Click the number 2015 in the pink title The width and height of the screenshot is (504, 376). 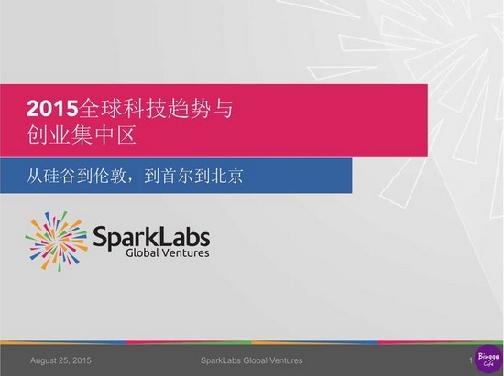(x=52, y=109)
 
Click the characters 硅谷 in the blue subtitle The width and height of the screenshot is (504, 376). (x=60, y=176)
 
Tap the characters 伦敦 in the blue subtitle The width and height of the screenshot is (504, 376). (x=110, y=176)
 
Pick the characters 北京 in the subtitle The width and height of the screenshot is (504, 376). (x=227, y=176)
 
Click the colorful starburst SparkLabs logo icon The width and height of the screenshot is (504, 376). (x=57, y=241)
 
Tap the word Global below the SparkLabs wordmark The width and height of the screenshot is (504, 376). (x=142, y=252)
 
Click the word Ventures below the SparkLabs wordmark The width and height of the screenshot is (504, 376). (x=185, y=252)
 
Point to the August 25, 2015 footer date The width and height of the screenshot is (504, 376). (x=60, y=360)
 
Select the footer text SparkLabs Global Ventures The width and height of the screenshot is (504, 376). (x=252, y=360)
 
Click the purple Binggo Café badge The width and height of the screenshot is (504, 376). (x=488, y=360)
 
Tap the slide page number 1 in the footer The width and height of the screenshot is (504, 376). (x=471, y=360)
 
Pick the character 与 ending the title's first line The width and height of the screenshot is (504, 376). (x=223, y=109)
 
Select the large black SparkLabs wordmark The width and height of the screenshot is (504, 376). (x=151, y=238)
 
